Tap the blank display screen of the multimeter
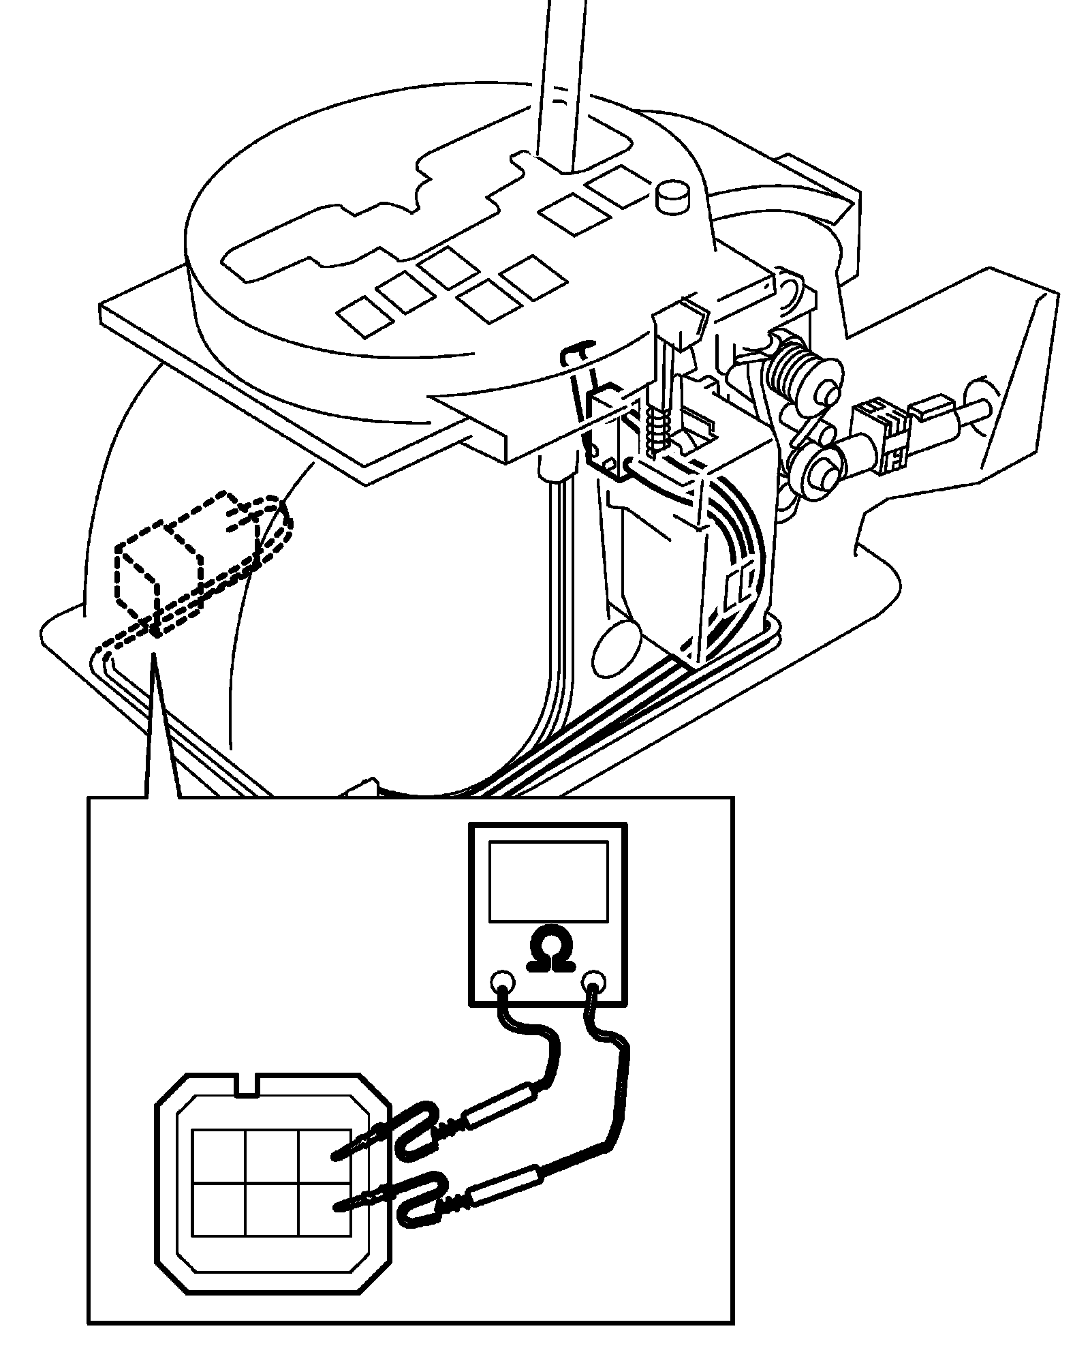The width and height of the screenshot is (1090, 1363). pos(548,881)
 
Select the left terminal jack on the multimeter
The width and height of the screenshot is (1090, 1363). pos(503,983)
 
